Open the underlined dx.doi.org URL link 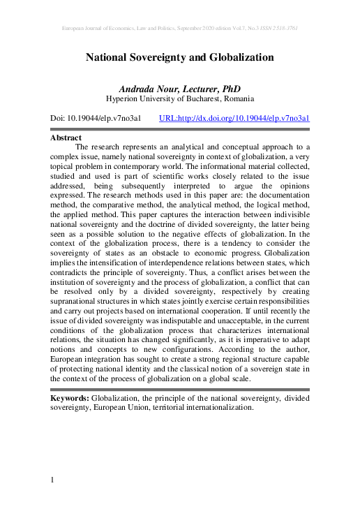[234, 119]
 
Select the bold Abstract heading [66, 138]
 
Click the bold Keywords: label [70, 397]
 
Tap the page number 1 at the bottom [53, 480]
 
